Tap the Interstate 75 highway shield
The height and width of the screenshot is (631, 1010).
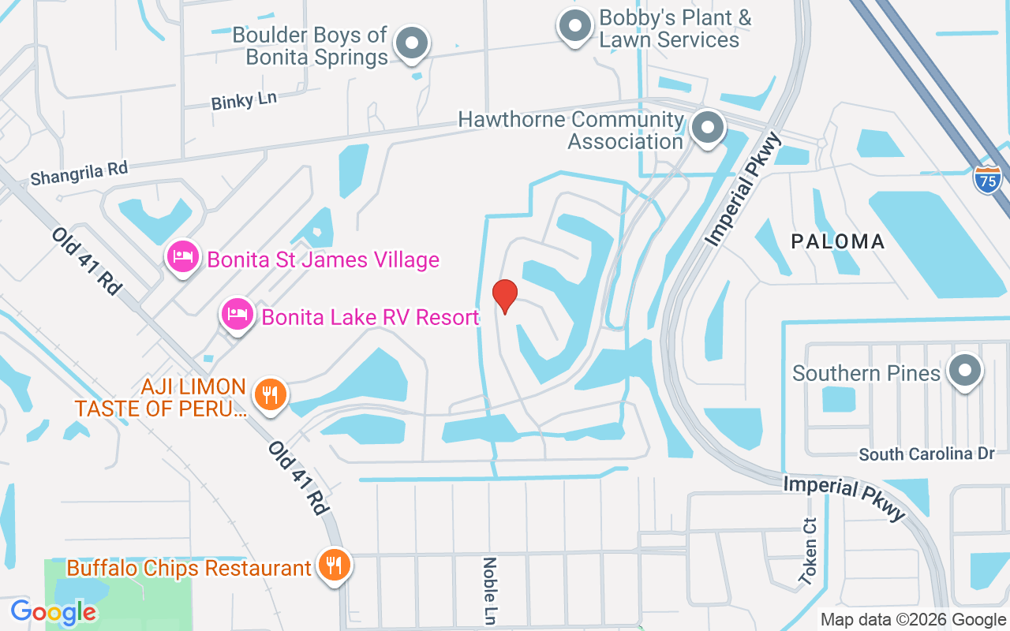coord(987,179)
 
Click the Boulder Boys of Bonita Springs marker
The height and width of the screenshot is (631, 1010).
coord(411,43)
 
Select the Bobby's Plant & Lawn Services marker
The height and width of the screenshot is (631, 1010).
coord(575,26)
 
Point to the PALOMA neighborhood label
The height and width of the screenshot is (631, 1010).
coord(838,241)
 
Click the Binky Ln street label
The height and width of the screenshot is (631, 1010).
coord(245,100)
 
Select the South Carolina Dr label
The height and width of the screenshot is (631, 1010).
coord(927,454)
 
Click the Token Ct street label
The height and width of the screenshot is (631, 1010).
coord(808,551)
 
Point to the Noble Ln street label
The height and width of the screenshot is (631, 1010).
coord(490,590)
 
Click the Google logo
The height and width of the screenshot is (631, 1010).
coord(54,611)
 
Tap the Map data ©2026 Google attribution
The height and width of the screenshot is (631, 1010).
coord(913,620)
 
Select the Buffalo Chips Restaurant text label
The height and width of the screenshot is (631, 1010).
coord(189,567)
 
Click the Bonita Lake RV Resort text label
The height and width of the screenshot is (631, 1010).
coord(370,317)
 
